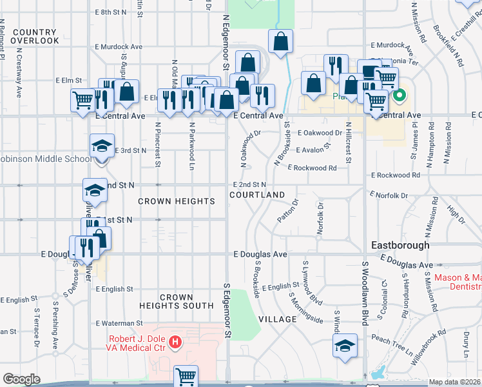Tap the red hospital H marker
175,341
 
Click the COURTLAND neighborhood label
256,195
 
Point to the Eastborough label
400,245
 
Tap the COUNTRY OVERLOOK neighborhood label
35,36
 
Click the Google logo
21,379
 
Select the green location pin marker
400,96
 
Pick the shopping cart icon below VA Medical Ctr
186,375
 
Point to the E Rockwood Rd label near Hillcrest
312,168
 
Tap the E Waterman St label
119,323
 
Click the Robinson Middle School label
45,159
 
